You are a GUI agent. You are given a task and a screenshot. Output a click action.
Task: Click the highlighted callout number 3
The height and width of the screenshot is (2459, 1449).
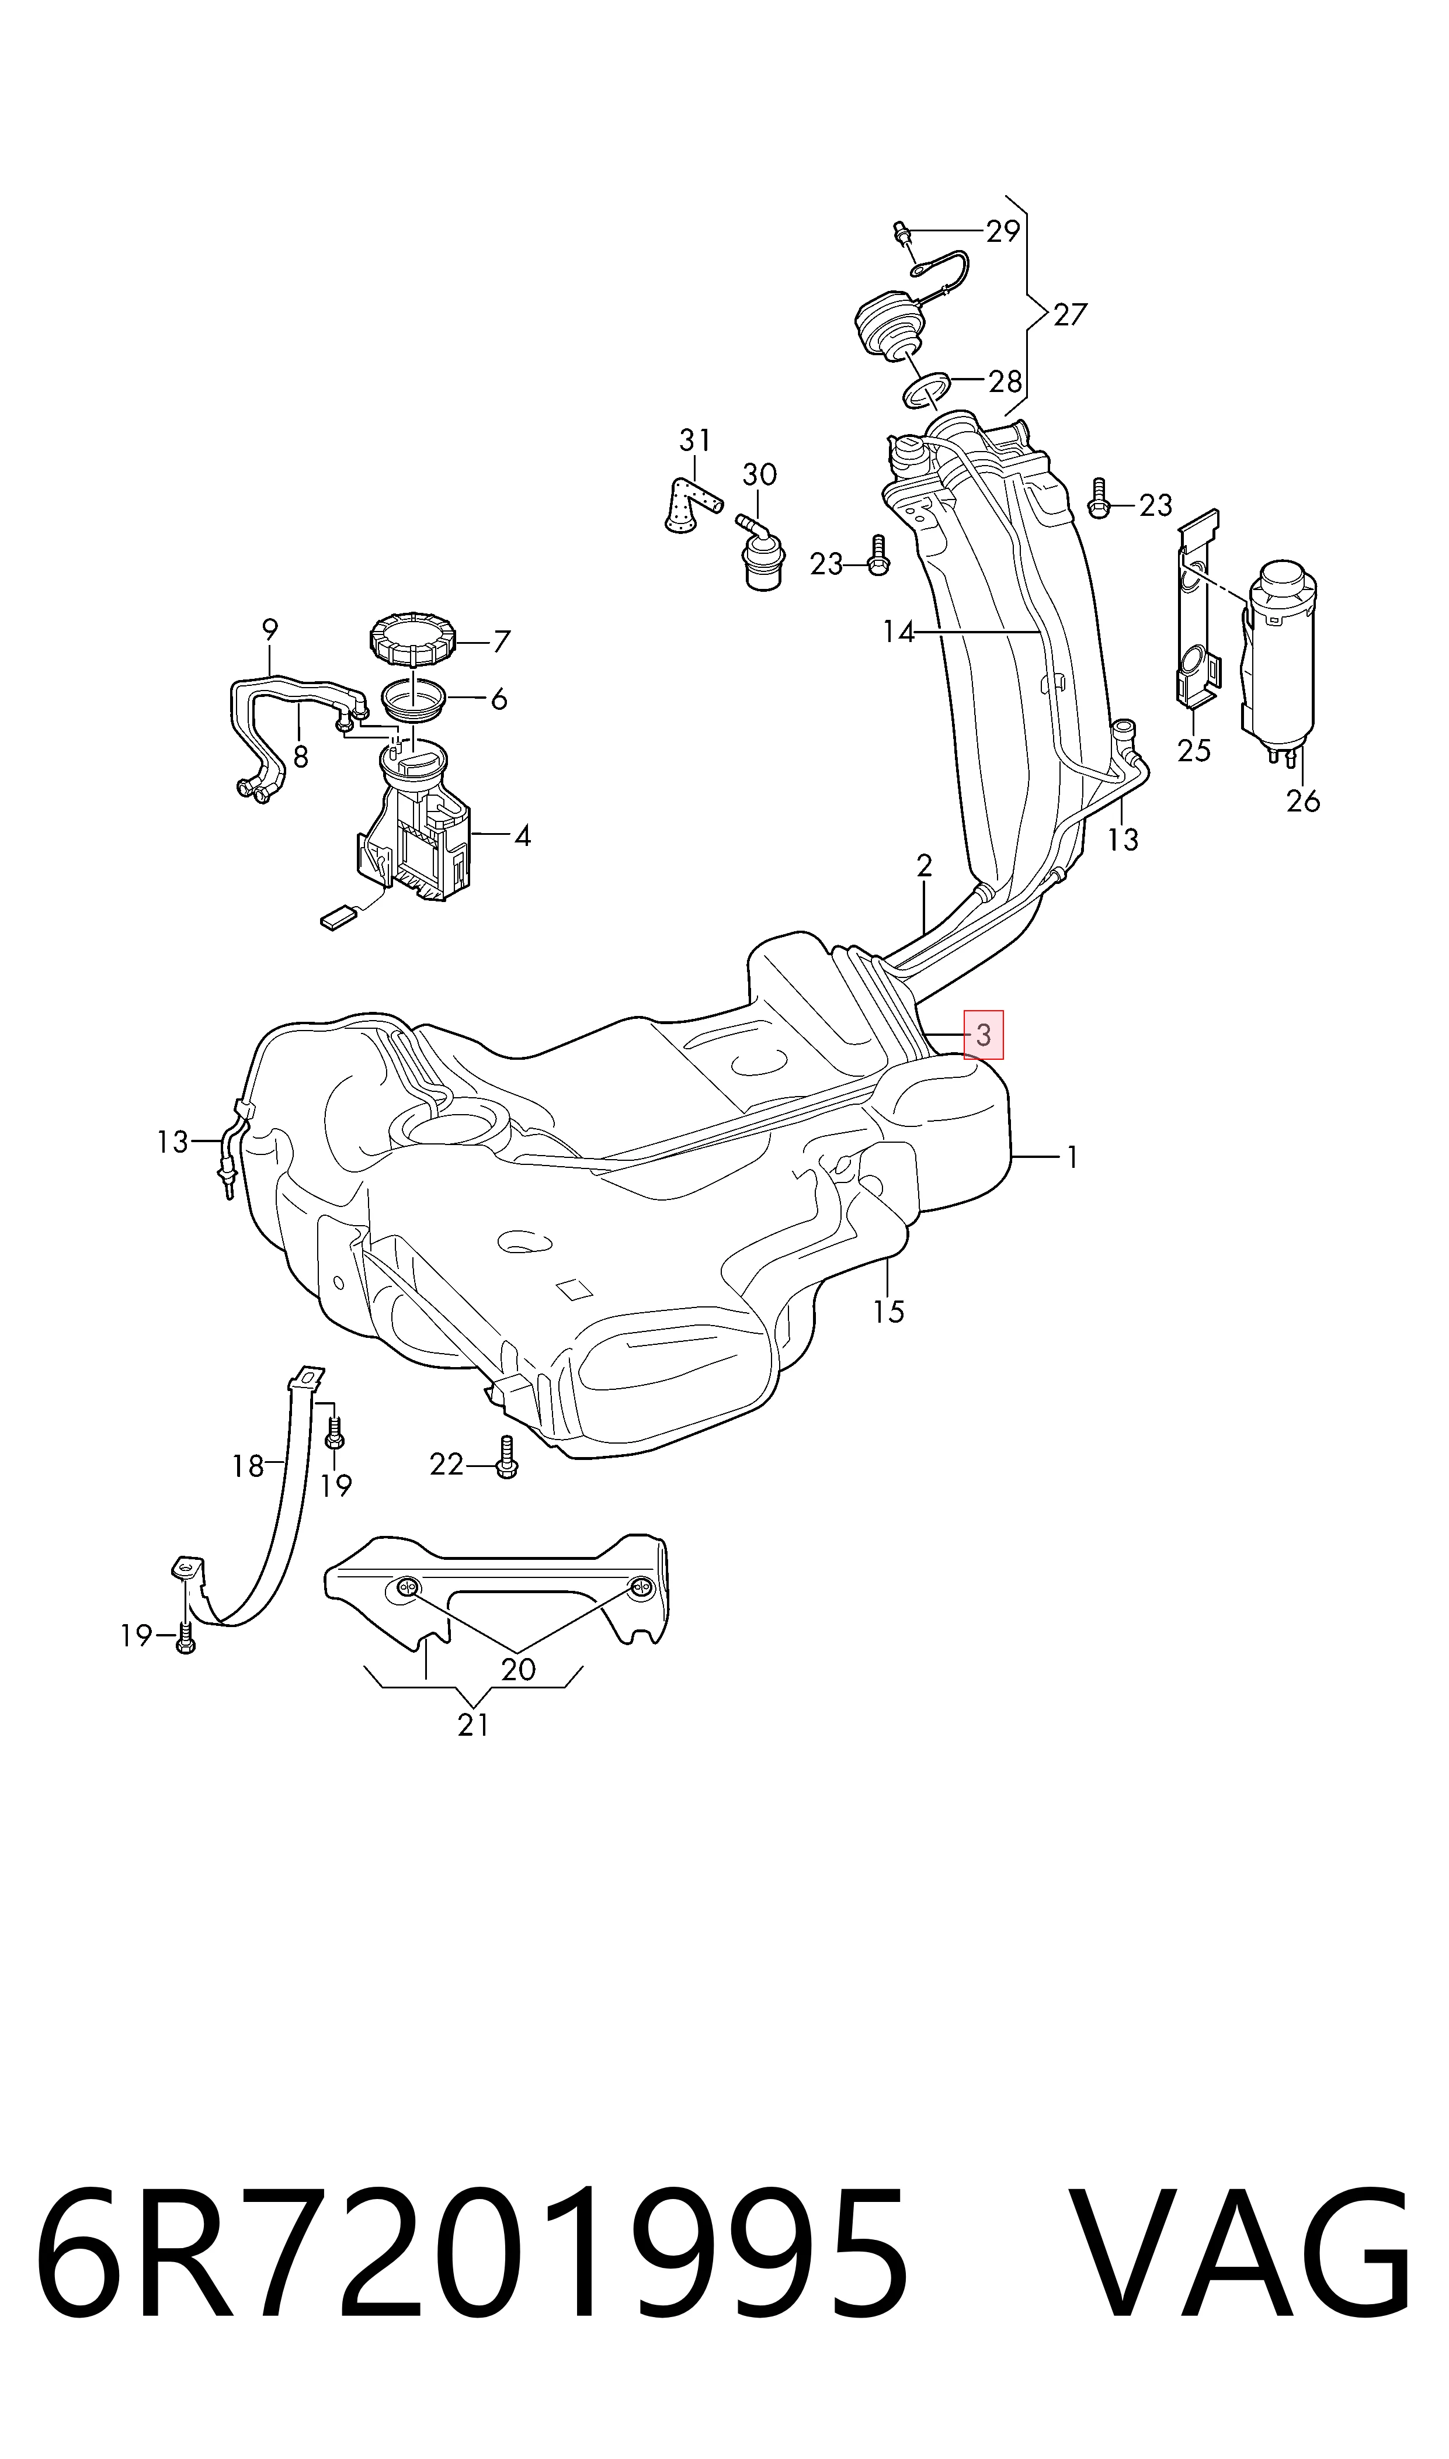[x=984, y=1035]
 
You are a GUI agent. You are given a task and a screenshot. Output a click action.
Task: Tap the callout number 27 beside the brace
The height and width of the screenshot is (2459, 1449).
[x=1069, y=314]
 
